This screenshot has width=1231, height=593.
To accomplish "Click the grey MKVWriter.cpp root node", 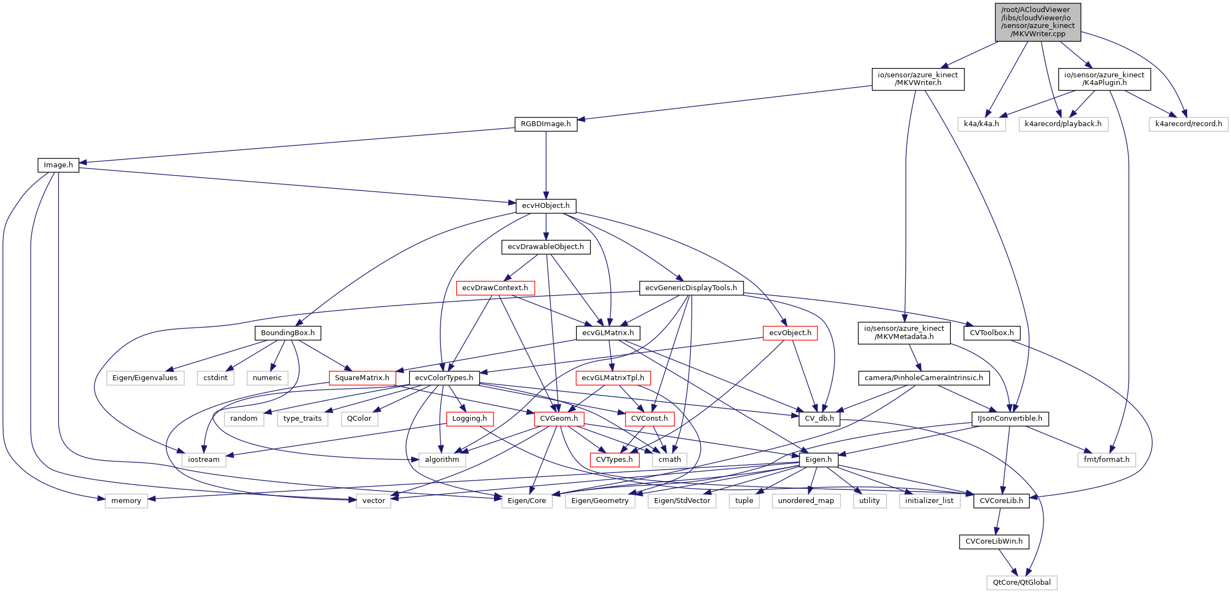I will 1038,22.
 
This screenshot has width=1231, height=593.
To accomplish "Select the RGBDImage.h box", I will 546,124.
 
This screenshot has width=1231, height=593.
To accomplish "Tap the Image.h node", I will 58,165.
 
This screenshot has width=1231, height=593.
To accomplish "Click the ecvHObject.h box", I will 546,206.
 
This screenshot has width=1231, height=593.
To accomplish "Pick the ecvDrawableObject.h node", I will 546,247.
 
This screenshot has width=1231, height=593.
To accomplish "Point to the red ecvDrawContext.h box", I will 495,288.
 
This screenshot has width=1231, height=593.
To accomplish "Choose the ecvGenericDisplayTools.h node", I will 691,288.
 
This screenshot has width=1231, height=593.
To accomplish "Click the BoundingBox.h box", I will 288,333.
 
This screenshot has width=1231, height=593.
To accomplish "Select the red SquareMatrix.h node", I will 362,378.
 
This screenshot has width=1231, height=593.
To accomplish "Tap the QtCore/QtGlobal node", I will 1022,583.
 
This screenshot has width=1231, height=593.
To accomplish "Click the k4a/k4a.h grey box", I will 982,124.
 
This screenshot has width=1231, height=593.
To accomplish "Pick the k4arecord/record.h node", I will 1188,124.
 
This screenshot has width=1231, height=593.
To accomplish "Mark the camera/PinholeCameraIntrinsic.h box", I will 924,378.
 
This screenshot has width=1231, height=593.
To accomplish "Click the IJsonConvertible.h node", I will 1010,419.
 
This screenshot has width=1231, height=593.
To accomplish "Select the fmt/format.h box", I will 1107,460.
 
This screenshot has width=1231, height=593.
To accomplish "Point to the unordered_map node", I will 805,501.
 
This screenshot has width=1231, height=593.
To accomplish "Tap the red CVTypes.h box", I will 614,460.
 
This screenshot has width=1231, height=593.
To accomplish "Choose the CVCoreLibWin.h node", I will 994,541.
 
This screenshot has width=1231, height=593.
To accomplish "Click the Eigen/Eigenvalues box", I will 145,378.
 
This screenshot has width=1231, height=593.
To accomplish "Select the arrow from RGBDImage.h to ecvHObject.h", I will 546,165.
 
